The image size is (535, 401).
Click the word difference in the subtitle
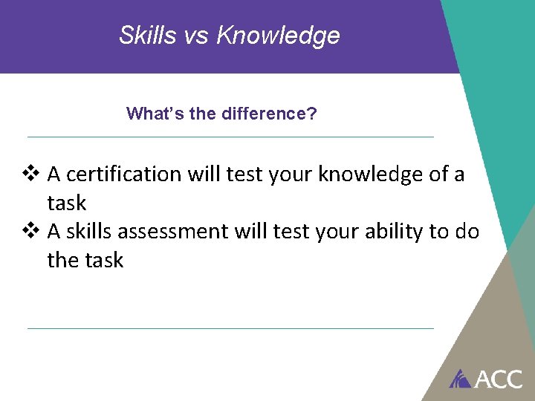pos(265,114)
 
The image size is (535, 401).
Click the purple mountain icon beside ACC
pos(461,379)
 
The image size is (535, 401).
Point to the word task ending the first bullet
pos(67,203)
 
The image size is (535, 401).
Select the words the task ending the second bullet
pos(85,261)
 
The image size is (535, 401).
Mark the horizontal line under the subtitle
pos(230,137)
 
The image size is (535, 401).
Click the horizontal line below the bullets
pos(230,328)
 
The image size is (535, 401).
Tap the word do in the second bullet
pos(467,232)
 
